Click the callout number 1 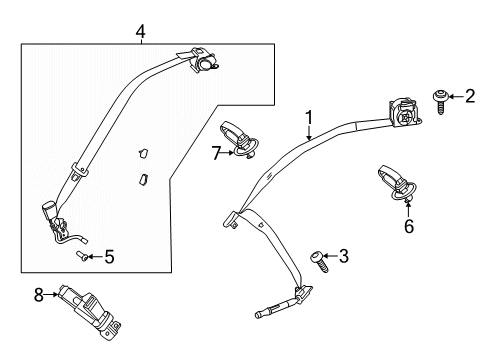(x=309, y=118)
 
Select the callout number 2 (x=470, y=96)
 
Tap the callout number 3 (x=343, y=256)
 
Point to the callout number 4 (x=141, y=32)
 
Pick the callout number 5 (x=109, y=257)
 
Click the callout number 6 (x=409, y=226)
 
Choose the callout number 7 (x=217, y=153)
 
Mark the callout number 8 (x=39, y=295)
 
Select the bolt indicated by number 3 (x=320, y=262)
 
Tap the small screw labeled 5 (x=82, y=256)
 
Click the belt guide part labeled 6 (x=397, y=184)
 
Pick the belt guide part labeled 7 (x=238, y=140)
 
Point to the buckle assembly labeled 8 (x=90, y=312)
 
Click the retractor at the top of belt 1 (x=405, y=113)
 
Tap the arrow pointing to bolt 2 (x=456, y=97)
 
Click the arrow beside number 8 (x=51, y=294)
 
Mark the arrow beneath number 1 (x=309, y=133)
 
